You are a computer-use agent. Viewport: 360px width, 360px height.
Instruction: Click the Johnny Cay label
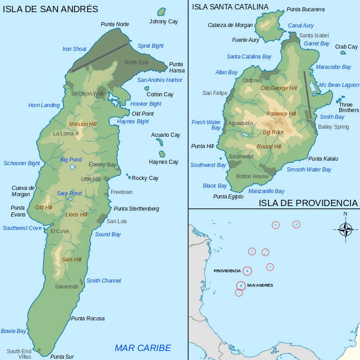click(x=163, y=22)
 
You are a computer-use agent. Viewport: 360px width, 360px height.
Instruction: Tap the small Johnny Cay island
click(x=162, y=11)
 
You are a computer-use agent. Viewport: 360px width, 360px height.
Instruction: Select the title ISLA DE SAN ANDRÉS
click(x=50, y=9)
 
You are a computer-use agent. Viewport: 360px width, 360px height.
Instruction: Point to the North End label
click(x=136, y=63)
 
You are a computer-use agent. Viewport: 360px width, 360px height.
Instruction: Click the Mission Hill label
click(x=83, y=124)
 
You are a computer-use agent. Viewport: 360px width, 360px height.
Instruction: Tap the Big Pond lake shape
click(x=73, y=167)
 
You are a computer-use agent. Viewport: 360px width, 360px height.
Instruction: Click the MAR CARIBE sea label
click(x=143, y=348)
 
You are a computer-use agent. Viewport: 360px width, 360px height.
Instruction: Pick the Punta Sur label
click(x=62, y=357)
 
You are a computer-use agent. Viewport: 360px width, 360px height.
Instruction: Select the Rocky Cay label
click(x=145, y=178)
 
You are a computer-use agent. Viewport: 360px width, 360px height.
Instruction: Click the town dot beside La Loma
click(x=77, y=134)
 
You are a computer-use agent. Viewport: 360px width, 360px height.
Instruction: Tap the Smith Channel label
click(x=103, y=281)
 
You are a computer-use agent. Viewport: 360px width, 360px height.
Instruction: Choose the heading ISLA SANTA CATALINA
click(x=230, y=7)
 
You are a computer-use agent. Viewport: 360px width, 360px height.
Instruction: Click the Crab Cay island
click(x=343, y=53)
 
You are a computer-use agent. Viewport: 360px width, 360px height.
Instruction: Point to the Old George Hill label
click(x=279, y=88)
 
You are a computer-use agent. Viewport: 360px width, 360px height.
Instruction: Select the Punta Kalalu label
click(x=323, y=159)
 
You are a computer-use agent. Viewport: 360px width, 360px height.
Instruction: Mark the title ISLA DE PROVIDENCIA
click(x=308, y=203)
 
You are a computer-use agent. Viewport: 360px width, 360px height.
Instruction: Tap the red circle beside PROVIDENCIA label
click(x=247, y=271)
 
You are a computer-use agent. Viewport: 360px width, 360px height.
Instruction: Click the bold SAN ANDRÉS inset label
click(x=260, y=285)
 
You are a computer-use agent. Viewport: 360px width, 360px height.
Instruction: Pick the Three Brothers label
click(x=349, y=108)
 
